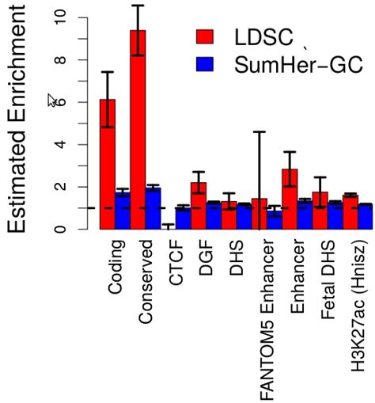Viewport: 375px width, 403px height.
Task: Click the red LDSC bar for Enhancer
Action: (290, 199)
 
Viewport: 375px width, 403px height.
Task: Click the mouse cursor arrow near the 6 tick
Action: (52, 100)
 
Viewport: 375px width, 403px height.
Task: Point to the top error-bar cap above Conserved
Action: (138, 6)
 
